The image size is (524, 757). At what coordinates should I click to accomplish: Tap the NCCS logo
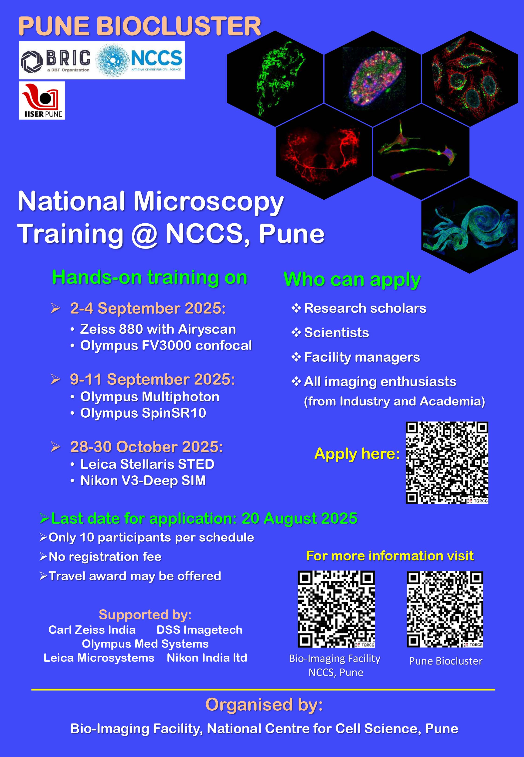(139, 60)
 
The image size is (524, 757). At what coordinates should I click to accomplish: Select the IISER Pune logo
(42, 100)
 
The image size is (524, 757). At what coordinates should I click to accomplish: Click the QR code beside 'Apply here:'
(447, 463)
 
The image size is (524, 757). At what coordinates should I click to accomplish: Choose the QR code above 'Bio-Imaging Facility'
(336, 609)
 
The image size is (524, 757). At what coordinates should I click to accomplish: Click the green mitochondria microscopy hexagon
(275, 79)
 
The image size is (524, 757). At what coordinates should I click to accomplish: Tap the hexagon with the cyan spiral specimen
(470, 225)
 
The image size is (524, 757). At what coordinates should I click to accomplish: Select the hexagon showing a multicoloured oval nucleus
(372, 79)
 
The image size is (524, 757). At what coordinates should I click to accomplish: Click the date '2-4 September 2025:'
(148, 308)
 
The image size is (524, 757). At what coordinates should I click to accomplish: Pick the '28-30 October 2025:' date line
(146, 447)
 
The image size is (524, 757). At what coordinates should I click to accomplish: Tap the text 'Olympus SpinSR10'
(143, 413)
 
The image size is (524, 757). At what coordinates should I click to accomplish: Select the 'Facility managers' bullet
(362, 357)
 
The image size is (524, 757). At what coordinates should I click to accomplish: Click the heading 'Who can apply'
(352, 280)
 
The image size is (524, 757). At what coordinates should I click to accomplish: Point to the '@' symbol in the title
(144, 234)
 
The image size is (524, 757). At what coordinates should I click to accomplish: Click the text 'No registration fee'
(105, 557)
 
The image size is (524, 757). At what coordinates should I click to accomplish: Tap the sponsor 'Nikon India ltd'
(207, 658)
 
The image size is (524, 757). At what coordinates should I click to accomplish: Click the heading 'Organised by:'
(264, 705)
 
